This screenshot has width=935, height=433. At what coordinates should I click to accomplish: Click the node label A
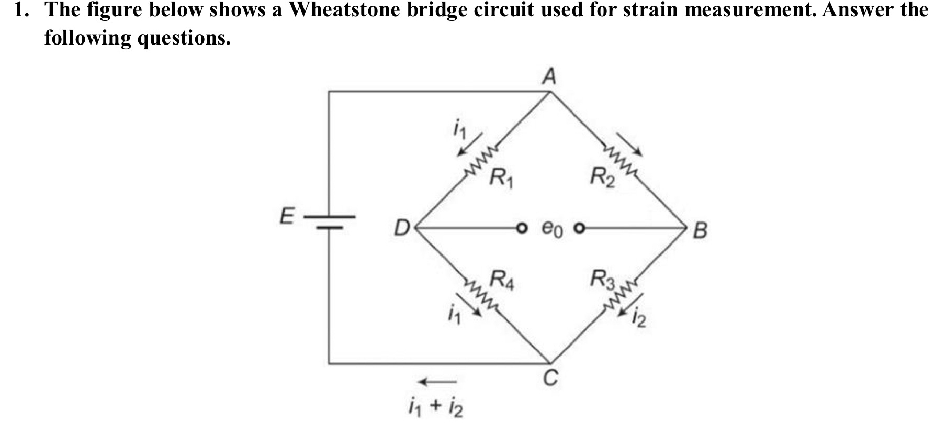click(x=548, y=77)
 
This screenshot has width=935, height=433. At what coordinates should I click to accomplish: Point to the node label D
click(x=402, y=229)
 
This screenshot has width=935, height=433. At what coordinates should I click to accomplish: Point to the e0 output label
click(x=551, y=229)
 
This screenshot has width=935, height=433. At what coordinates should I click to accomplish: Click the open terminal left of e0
click(x=520, y=229)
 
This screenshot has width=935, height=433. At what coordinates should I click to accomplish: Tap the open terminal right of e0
click(x=579, y=229)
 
